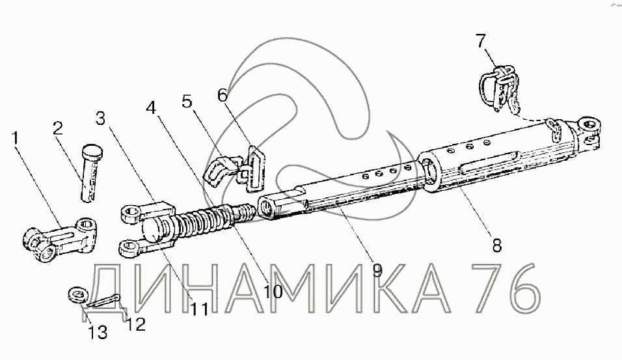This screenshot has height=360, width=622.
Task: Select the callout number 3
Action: tap(100, 118)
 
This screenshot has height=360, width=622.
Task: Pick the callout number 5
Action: tap(187, 102)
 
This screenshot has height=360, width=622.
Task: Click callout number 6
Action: tap(223, 95)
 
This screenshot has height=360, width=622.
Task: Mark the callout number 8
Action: tap(496, 245)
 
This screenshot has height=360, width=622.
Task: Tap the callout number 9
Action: tap(377, 269)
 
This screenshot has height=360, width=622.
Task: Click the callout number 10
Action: tap(274, 291)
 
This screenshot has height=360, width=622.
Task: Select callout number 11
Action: tap(199, 309)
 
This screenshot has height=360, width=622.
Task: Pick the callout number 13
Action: tap(98, 333)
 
